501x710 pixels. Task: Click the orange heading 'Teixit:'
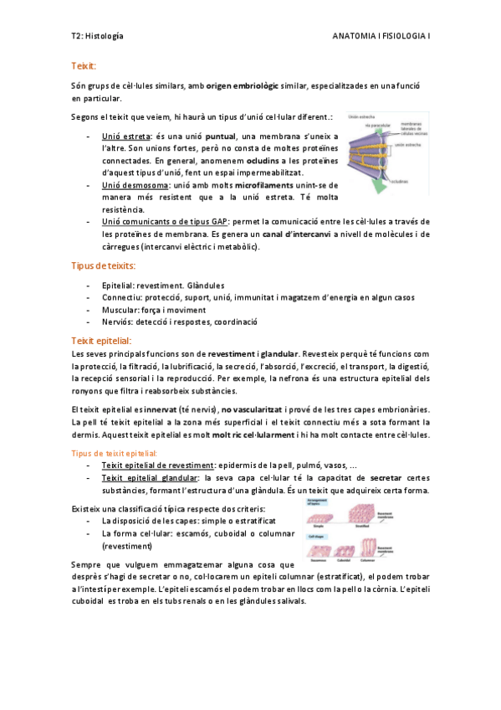(x=84, y=65)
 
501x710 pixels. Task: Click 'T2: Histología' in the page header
(x=97, y=37)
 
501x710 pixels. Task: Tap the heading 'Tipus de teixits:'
(x=103, y=265)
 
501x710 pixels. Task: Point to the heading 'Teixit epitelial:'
(x=101, y=341)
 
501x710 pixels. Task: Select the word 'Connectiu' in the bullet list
(x=122, y=297)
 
